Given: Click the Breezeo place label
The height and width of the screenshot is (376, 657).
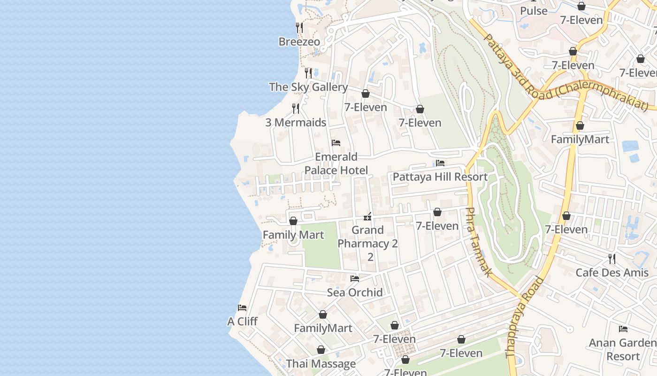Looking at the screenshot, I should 299,42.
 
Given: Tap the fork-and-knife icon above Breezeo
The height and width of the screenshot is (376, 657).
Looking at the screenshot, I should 299,28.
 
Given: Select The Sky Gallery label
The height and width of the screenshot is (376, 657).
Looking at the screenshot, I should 308,87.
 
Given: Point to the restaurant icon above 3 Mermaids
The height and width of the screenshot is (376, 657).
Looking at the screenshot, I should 296,109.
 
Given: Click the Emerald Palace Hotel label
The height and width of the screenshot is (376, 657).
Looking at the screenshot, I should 336,164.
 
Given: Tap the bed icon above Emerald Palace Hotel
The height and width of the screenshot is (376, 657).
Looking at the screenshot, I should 336,143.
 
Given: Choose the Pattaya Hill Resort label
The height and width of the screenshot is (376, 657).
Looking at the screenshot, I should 440,177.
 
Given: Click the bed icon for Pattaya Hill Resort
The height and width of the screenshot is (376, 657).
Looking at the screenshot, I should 440,163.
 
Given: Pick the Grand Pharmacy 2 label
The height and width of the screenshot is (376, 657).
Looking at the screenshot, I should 368,243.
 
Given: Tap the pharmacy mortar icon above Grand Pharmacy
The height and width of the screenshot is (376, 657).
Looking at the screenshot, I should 368,217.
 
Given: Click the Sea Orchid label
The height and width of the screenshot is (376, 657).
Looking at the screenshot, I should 355,292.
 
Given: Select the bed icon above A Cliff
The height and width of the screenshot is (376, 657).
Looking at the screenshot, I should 242,308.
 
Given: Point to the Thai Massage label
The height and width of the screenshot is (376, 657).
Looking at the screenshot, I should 321,364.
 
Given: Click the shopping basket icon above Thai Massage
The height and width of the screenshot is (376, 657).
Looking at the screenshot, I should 321,350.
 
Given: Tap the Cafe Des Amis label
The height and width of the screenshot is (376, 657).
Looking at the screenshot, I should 612,273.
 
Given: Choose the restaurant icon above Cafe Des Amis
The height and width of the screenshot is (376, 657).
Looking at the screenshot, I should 612,259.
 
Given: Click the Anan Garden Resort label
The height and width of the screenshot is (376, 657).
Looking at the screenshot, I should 623,349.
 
